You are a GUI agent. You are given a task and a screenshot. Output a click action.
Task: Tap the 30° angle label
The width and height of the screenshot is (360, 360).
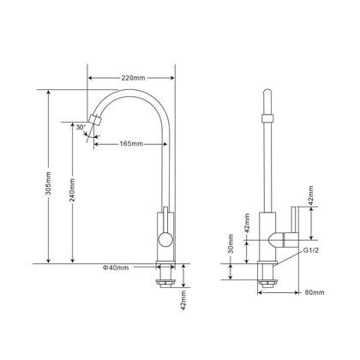tap(80, 127)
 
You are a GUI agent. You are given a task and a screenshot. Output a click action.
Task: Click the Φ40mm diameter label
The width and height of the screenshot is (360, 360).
tap(116, 268)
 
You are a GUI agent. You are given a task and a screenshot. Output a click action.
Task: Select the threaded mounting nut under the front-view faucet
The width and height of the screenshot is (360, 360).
tap(165, 275)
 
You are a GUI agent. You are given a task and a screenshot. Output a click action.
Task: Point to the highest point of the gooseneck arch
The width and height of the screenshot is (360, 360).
tap(129, 87)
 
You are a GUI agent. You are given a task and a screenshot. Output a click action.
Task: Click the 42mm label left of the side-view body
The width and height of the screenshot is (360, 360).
tap(246, 222)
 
